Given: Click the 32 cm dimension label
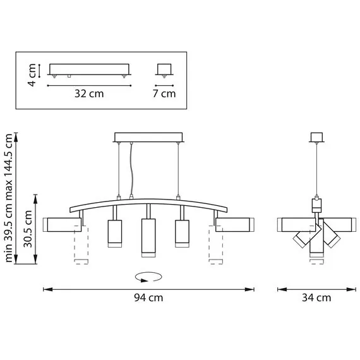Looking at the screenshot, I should [x=88, y=95].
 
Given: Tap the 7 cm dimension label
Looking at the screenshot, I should [x=164, y=95].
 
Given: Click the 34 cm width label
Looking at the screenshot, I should [x=316, y=298].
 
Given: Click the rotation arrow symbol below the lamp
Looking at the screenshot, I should [x=149, y=276].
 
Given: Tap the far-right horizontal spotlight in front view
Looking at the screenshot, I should [x=234, y=224].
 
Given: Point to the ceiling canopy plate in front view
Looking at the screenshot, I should [x=148, y=137].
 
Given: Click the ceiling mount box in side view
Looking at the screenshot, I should [x=316, y=137].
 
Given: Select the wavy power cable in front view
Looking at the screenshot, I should [x=131, y=171].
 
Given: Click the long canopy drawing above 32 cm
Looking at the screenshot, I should [x=89, y=69].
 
